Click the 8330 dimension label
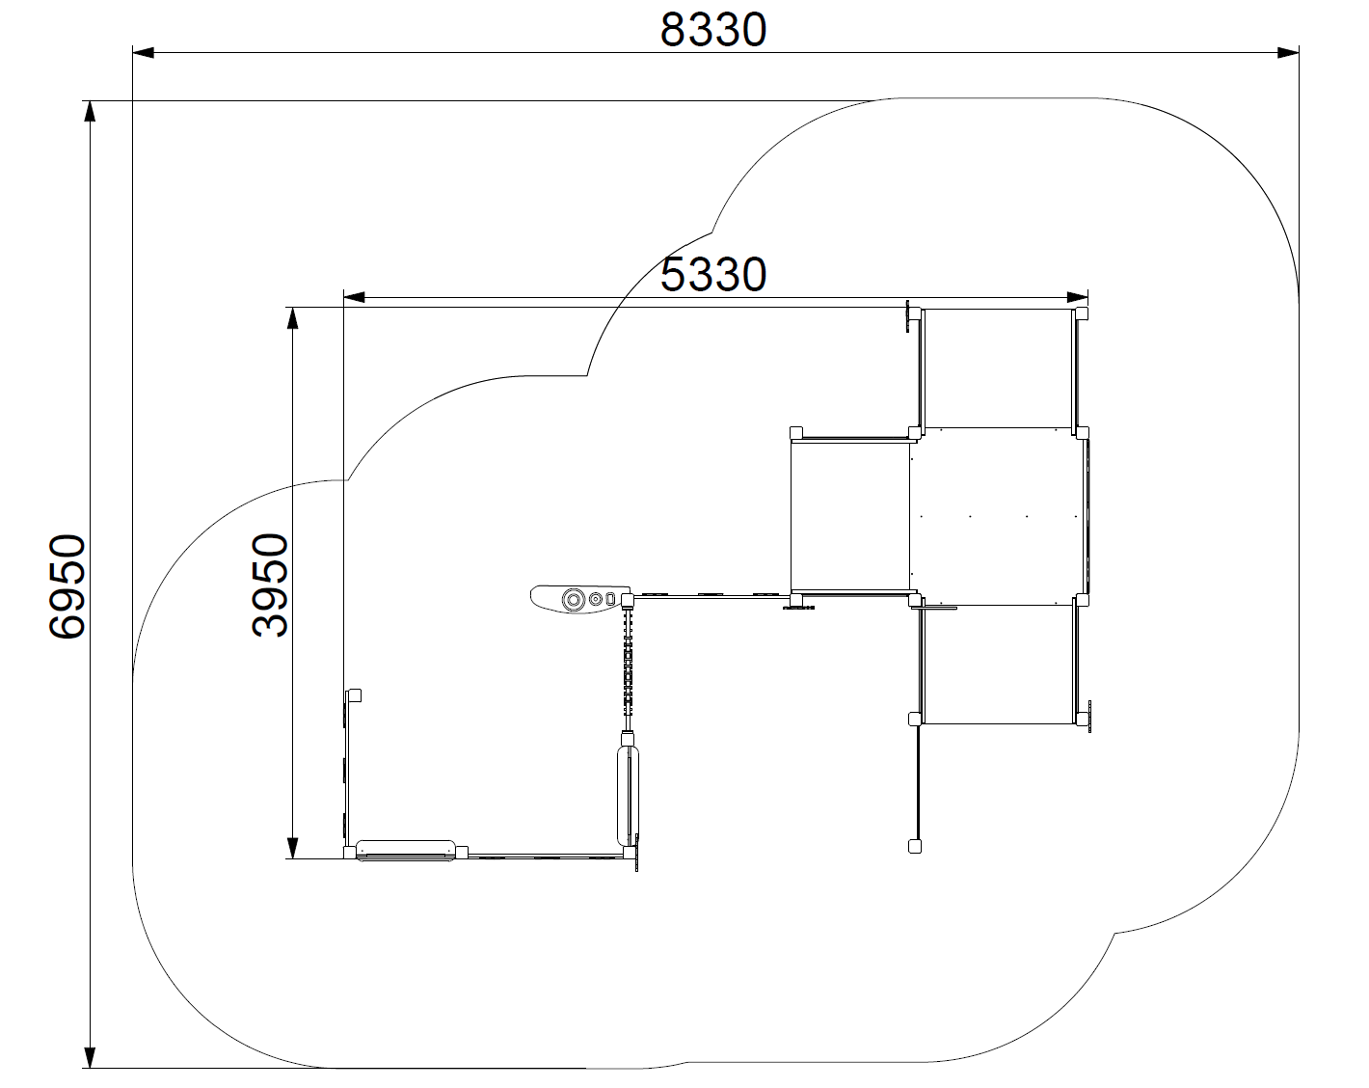coord(713,30)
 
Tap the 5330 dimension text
coord(713,275)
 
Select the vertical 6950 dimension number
coord(67,586)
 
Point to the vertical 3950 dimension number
coord(270,585)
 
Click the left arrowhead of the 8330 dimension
coord(143,53)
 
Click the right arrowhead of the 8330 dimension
coord(1288,53)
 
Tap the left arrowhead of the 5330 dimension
coord(355,297)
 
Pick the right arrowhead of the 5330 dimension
coord(1077,297)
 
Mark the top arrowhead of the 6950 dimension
coord(90,112)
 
